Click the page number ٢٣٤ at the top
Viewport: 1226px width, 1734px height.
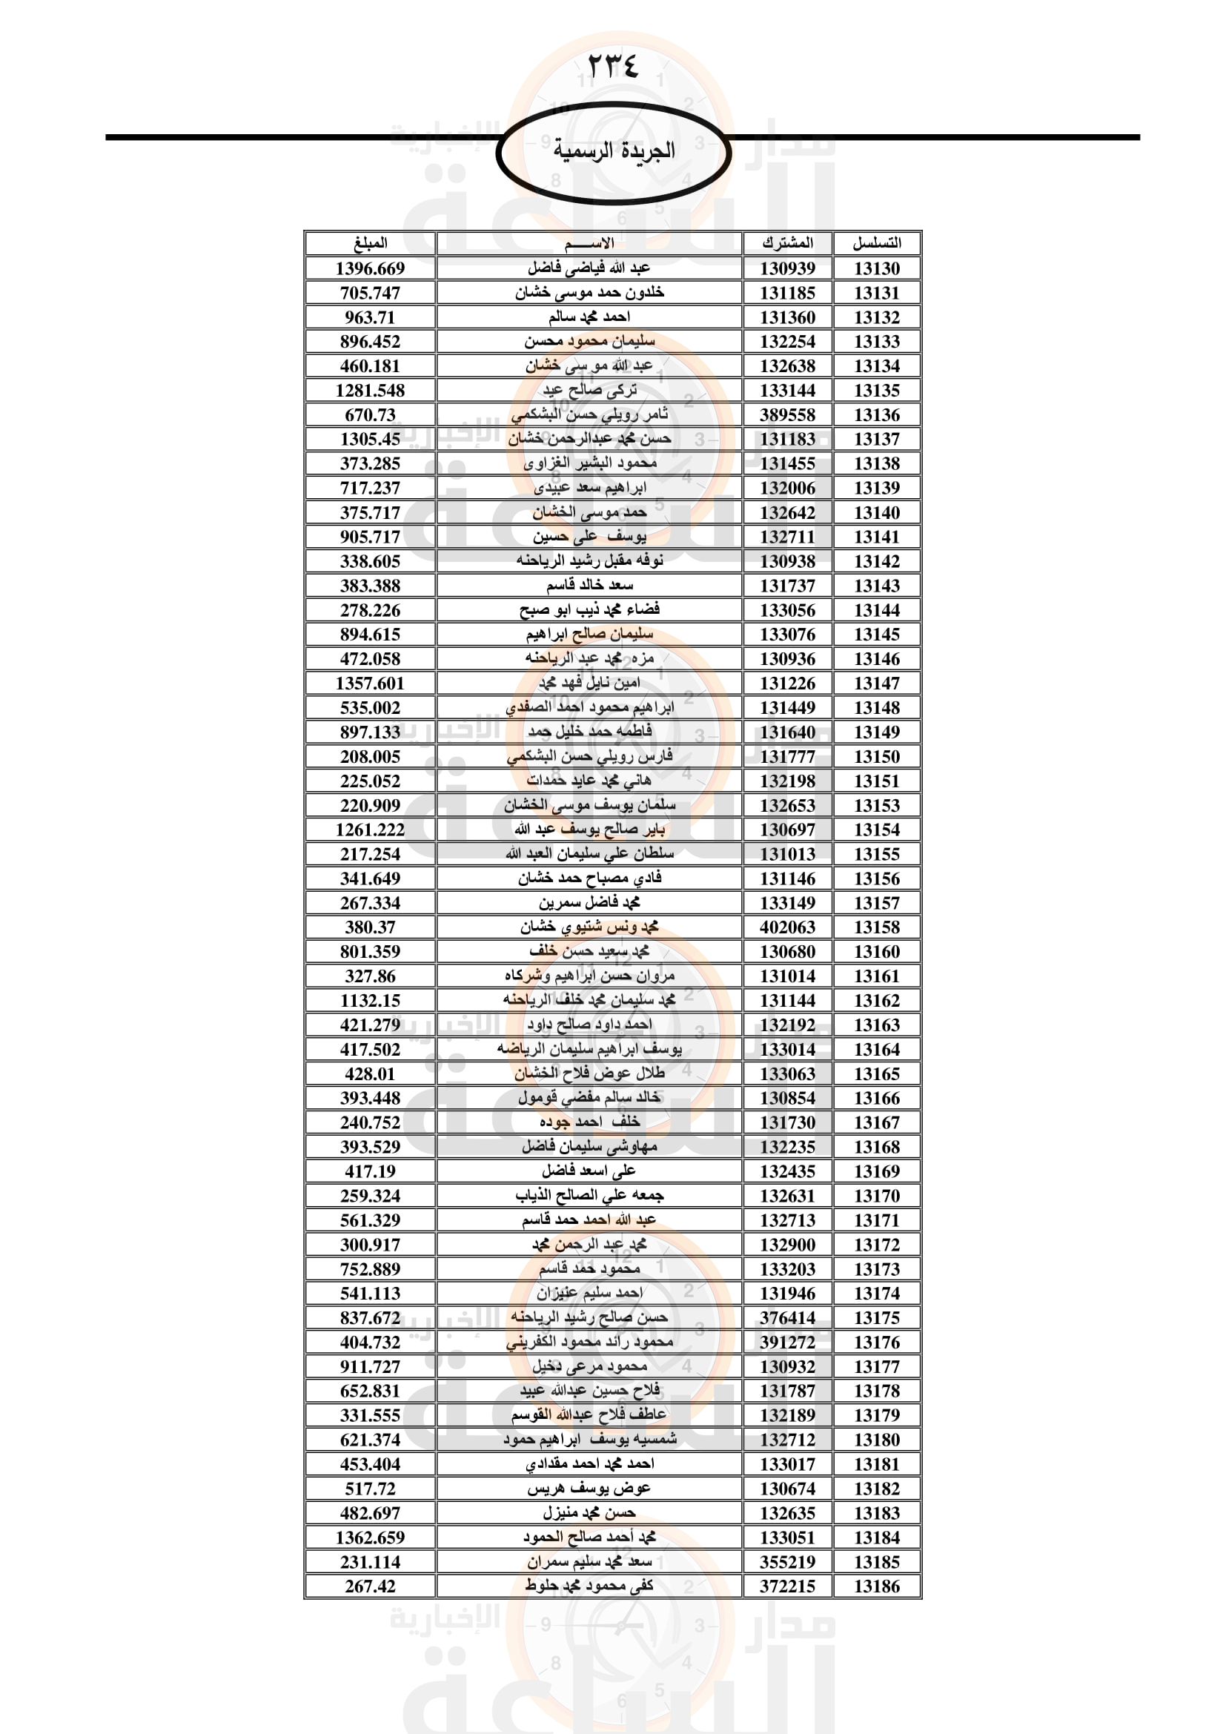coord(612,67)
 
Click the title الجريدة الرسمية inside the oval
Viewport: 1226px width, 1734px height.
coord(613,150)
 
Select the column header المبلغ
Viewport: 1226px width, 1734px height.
coord(370,243)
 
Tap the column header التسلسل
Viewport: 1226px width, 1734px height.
coord(876,243)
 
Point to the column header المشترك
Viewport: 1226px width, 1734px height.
coord(787,243)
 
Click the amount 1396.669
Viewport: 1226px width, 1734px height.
coord(370,268)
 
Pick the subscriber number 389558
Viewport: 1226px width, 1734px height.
coord(787,414)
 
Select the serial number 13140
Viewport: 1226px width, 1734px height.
coord(876,513)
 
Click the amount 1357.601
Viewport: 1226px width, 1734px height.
coord(370,684)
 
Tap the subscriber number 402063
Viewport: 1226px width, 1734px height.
coord(787,927)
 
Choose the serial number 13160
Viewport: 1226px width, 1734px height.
coord(876,952)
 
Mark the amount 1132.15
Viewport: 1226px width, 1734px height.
coord(370,1001)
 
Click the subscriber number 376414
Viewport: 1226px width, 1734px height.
coord(787,1318)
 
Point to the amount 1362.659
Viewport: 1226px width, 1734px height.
coord(370,1538)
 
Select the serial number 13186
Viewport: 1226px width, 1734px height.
coord(876,1586)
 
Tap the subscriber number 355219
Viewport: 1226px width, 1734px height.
coord(787,1562)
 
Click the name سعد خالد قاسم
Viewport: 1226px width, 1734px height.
coord(589,586)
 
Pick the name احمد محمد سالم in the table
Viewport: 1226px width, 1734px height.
coord(589,317)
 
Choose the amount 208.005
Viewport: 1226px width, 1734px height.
coord(370,757)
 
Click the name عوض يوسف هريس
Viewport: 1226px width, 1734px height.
coord(589,1489)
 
